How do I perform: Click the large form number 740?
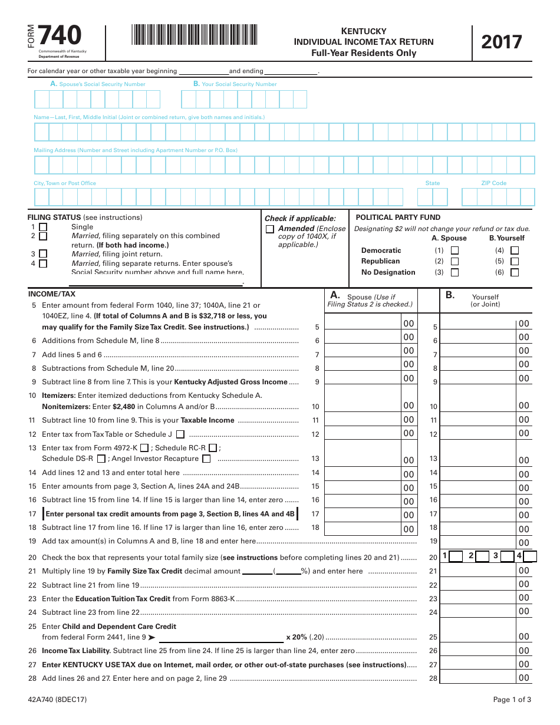60,36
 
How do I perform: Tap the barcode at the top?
195,35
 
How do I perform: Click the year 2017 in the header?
502,42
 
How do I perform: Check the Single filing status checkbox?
43,227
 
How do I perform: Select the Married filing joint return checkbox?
43,254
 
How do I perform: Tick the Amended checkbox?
270,229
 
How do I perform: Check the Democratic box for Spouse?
454,250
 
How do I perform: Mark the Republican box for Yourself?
515,261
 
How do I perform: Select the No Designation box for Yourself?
515,272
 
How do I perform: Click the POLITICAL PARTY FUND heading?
398,218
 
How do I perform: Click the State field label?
432,183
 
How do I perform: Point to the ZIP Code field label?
493,183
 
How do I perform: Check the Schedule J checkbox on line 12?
180,434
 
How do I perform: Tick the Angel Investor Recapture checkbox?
206,459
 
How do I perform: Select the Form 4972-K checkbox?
144,448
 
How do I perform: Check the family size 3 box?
506,556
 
